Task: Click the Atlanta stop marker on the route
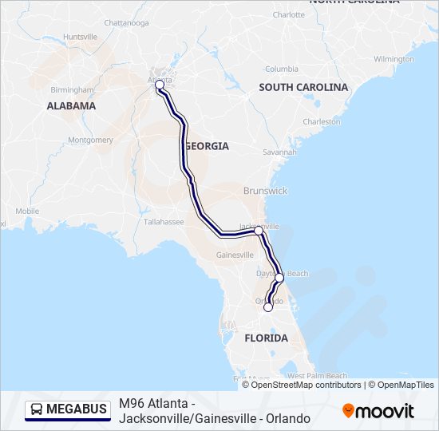click(x=160, y=84)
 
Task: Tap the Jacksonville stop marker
click(x=259, y=230)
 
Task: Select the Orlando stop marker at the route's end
click(x=268, y=305)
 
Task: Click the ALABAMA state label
click(x=71, y=105)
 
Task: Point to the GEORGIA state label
click(x=208, y=146)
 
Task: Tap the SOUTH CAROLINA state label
click(x=303, y=87)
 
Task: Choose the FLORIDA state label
click(x=266, y=338)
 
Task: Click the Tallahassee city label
click(x=164, y=222)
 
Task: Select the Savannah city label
click(x=280, y=152)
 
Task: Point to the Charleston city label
click(x=322, y=121)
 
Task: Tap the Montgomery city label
click(x=91, y=140)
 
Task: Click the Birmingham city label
click(x=73, y=89)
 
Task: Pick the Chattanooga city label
click(x=127, y=22)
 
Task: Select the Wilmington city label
click(x=394, y=59)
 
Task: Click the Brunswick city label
click(x=267, y=191)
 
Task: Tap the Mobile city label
click(x=26, y=211)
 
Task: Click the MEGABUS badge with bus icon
click(x=69, y=409)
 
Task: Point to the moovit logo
click(x=378, y=410)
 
